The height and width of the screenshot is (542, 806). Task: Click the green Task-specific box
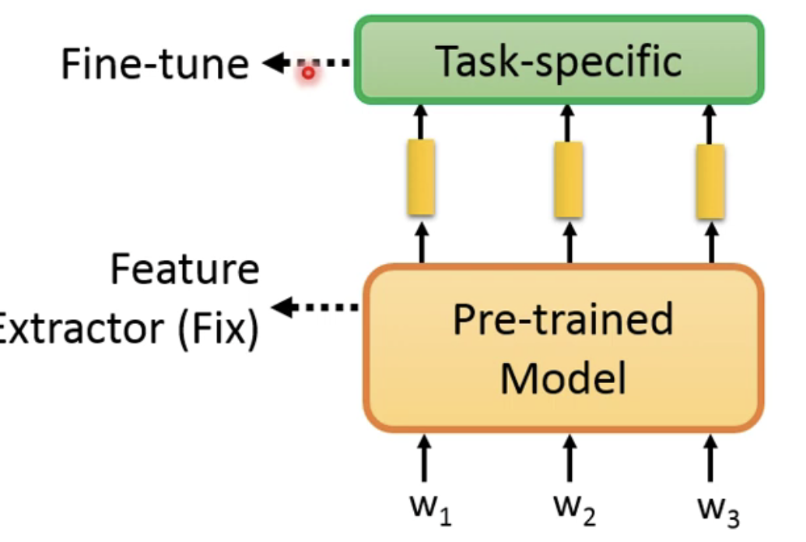559,61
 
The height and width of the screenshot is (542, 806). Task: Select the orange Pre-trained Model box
563,347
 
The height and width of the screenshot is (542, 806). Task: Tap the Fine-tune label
154,64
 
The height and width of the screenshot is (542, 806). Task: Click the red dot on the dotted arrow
308,72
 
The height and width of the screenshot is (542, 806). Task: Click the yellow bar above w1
421,177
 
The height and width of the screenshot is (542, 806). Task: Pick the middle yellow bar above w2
568,180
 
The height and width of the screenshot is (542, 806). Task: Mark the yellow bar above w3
710,181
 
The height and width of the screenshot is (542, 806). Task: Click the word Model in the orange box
562,378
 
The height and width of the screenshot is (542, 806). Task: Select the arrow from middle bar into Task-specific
568,122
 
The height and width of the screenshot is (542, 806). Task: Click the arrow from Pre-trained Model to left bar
421,241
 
